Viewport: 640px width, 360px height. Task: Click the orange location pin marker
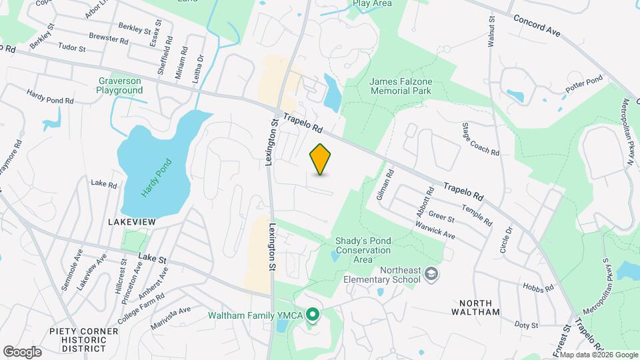[x=321, y=159]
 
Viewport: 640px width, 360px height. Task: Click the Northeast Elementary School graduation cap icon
[x=431, y=274]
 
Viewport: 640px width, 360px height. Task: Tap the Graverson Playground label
[x=119, y=85]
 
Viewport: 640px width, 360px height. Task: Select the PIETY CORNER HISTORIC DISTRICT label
[x=77, y=339]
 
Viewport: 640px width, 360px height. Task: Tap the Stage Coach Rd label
[x=481, y=139]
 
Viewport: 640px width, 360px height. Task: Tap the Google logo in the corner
[x=22, y=351]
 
